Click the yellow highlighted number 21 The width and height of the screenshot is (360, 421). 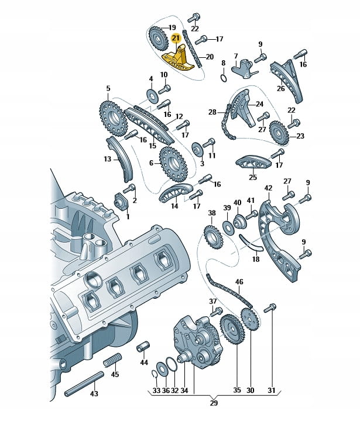[176, 38]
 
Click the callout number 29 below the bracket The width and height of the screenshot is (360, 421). [214, 403]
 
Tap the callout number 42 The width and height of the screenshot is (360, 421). [268, 188]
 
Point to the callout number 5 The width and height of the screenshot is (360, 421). [108, 89]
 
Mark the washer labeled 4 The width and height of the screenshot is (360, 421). [151, 94]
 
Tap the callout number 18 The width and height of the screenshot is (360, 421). [255, 259]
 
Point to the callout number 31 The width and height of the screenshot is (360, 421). [270, 390]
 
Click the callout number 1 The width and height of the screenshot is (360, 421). [128, 216]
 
